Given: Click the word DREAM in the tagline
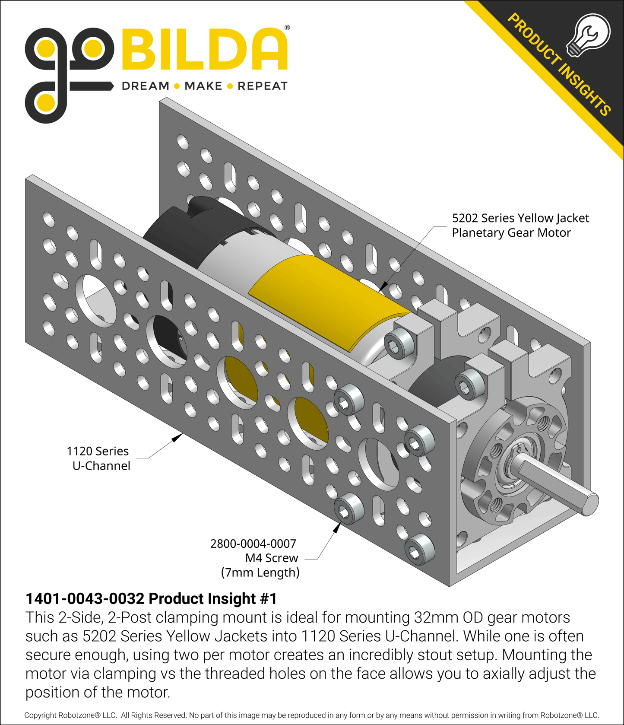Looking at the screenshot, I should [146, 86].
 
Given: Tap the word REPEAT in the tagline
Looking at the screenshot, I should [263, 86].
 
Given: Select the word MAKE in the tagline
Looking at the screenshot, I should [203, 86].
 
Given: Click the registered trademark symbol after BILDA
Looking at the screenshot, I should [287, 28].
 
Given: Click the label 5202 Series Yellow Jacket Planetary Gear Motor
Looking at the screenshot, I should [520, 225].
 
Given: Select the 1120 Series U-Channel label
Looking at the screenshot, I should [99, 458].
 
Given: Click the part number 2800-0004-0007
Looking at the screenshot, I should [253, 544].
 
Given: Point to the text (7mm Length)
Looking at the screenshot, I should [260, 572].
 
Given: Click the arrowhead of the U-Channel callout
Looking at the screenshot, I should [177, 438].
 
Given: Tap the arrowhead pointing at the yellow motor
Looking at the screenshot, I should [383, 287].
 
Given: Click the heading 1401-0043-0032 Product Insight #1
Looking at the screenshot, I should [151, 599].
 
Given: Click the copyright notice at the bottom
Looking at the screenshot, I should [311, 715].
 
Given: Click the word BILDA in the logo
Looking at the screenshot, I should [205, 50].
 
